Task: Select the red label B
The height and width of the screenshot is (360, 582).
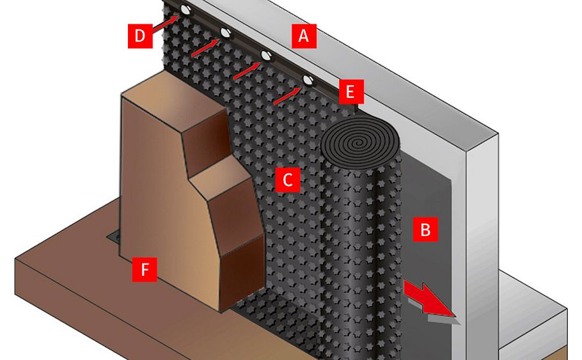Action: point(425,229)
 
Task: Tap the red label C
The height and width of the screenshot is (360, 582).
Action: point(287,180)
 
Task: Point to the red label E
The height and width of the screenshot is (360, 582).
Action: point(349,91)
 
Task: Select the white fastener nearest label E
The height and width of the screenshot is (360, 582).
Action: point(308,81)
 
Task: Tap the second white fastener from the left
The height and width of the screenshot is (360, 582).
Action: point(226,33)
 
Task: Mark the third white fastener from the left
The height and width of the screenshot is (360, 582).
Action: point(266,56)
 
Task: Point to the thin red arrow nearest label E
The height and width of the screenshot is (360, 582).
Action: point(285,96)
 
